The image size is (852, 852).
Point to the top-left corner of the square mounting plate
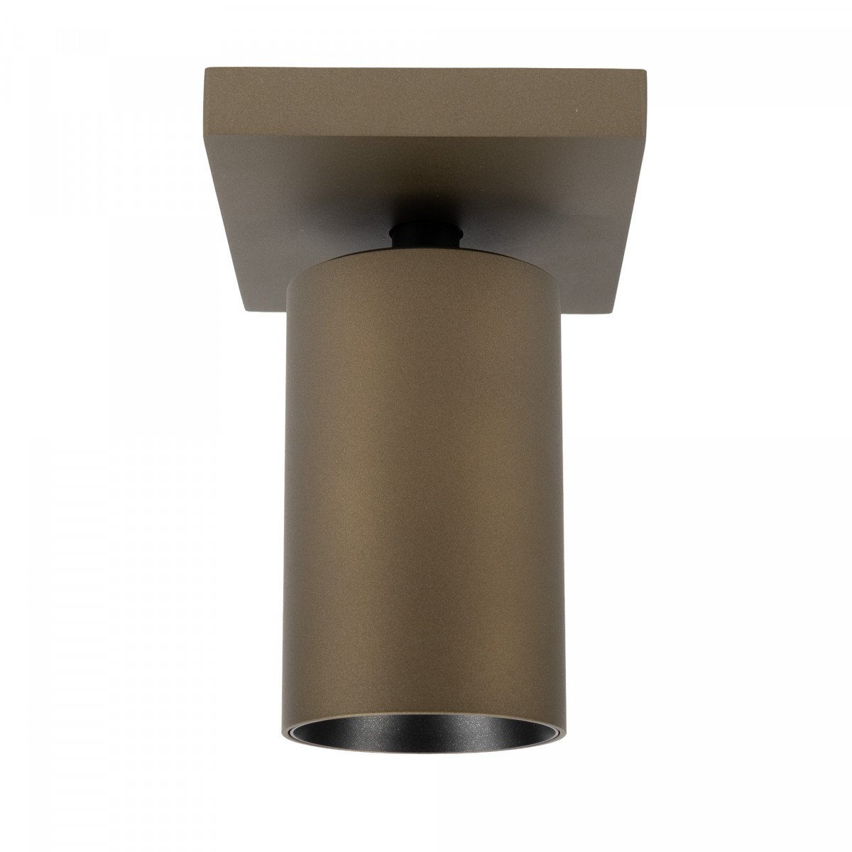point(205,69)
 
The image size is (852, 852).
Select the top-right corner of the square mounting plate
point(648,70)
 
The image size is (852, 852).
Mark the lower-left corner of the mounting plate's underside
point(246,310)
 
